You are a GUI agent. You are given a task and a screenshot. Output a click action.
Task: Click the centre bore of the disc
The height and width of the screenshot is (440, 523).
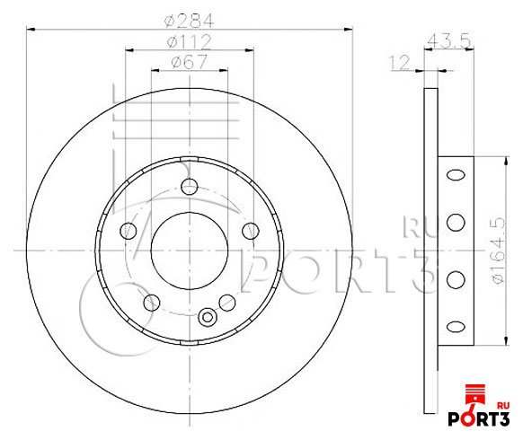pos(187,248)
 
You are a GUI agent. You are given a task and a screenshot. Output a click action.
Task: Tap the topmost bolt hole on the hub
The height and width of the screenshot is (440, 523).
pos(189,187)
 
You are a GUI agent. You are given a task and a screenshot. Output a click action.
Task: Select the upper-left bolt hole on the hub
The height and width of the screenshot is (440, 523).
pos(127,230)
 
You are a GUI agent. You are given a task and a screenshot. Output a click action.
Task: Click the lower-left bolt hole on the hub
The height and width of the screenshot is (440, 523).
pos(150,301)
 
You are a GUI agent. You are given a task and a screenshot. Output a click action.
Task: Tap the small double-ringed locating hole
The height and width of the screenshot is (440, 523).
pos(208,316)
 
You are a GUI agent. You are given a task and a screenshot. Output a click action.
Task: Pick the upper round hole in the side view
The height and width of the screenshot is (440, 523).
pos(456,218)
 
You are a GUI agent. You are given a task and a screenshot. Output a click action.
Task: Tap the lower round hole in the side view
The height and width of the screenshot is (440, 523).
pos(456,277)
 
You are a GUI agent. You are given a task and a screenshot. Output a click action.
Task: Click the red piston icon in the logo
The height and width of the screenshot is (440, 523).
pos(474,396)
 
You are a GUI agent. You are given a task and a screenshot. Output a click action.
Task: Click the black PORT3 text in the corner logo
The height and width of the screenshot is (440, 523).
pos(485,421)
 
